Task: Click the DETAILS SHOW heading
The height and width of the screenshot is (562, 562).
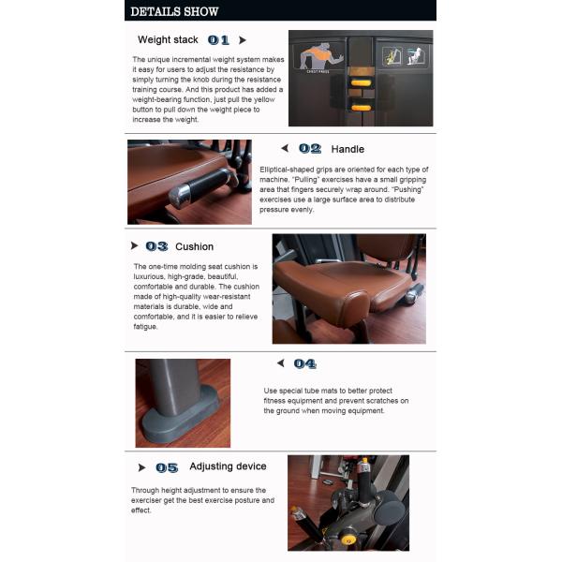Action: tap(174, 11)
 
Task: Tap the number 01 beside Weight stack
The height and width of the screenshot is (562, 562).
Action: tap(218, 40)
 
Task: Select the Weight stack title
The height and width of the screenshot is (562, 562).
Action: tap(167, 40)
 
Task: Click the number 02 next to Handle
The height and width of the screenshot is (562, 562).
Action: tap(309, 149)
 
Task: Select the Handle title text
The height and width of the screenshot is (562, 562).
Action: tap(348, 149)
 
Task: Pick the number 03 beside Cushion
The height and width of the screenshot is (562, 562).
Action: tap(156, 246)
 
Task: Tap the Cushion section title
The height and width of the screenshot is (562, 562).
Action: tap(194, 246)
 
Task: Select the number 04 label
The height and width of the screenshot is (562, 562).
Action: tap(304, 363)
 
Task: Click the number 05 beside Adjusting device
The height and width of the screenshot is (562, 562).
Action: tap(167, 467)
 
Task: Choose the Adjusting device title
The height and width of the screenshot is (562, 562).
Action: tap(228, 466)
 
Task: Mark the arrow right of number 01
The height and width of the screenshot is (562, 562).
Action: tap(243, 40)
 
